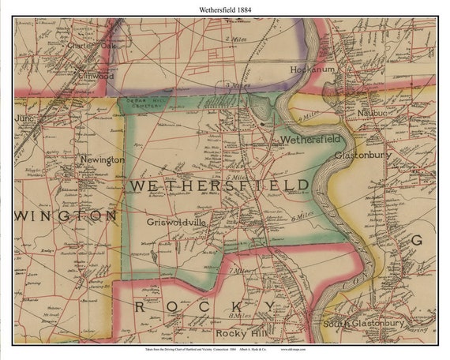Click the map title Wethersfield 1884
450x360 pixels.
click(x=225, y=8)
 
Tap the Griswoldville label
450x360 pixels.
click(x=176, y=223)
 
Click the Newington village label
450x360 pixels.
click(x=102, y=159)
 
